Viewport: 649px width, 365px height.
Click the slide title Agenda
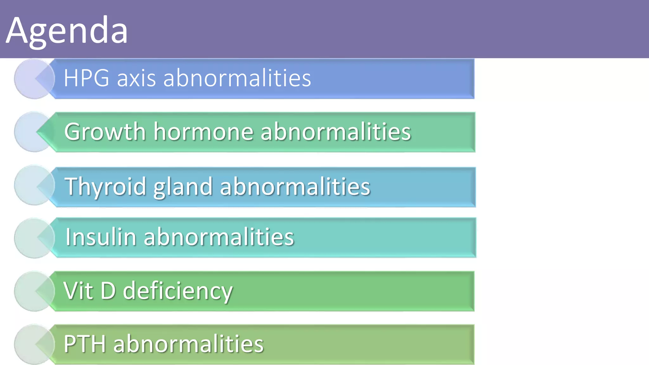67,31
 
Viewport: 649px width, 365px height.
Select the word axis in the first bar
136,78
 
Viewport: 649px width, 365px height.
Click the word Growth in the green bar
105,131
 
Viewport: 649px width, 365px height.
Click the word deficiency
177,291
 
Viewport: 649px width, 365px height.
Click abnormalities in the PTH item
188,344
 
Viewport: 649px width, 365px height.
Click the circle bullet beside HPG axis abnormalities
32,79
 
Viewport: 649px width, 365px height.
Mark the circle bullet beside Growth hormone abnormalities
32,132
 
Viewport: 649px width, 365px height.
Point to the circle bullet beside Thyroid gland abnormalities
32,185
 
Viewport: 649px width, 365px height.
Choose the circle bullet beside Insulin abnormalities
32,238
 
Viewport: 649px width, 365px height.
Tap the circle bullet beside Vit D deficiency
32,291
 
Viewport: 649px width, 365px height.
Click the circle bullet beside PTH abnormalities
32,344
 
